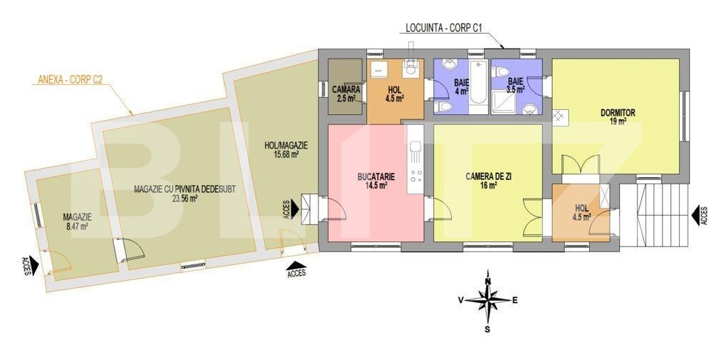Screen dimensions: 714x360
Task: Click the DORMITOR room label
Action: click(618, 113)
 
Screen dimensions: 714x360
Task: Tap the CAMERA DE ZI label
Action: click(488, 176)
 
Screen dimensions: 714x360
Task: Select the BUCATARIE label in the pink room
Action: click(376, 176)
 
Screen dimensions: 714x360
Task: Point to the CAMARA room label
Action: click(346, 90)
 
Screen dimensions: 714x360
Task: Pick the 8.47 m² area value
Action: click(77, 226)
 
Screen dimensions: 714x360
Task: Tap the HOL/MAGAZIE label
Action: click(286, 146)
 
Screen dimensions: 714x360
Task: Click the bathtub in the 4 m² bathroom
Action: click(478, 86)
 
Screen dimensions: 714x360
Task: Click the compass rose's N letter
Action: click(488, 281)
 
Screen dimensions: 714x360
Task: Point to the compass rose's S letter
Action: click(487, 329)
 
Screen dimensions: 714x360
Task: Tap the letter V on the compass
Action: click(461, 300)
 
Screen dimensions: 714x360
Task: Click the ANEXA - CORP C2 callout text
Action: click(67, 80)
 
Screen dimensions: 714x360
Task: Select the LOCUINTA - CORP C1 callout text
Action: click(443, 28)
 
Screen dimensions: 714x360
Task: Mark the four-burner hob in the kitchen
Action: click(416, 176)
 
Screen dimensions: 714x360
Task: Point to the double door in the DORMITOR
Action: click(580, 164)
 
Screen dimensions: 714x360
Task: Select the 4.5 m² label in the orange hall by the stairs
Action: click(581, 217)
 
